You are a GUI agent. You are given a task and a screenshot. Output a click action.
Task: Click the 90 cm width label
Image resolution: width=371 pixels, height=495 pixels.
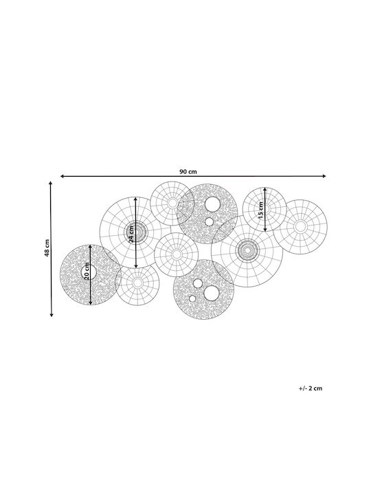click(188, 172)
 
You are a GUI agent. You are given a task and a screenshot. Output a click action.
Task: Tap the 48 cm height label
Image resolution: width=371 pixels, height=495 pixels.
click(47, 248)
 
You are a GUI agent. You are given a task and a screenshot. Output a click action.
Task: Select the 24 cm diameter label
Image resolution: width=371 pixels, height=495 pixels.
click(131, 234)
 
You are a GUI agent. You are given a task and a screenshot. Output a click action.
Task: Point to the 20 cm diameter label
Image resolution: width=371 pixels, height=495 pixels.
click(87, 271)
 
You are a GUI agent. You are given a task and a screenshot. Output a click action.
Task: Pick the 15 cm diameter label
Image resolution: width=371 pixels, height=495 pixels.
click(260, 210)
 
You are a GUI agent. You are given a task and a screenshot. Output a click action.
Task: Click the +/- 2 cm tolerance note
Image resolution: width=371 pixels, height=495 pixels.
click(311, 388)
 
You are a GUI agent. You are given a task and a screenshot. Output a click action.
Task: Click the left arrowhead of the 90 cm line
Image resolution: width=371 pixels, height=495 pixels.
click(62, 176)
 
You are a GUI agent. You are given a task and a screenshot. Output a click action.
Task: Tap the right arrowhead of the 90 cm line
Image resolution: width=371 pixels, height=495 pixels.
click(324, 176)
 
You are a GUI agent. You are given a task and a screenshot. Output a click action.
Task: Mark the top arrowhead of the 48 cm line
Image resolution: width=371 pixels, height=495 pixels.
click(51, 184)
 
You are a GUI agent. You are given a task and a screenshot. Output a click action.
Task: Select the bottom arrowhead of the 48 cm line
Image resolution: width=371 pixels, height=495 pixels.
click(52, 314)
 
